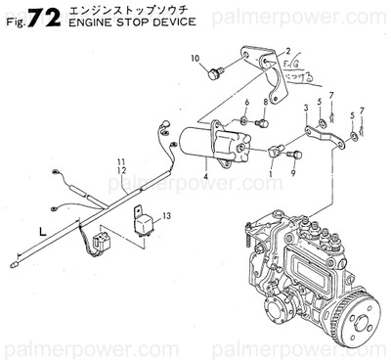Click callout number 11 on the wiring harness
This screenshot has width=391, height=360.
click(x=121, y=160)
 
